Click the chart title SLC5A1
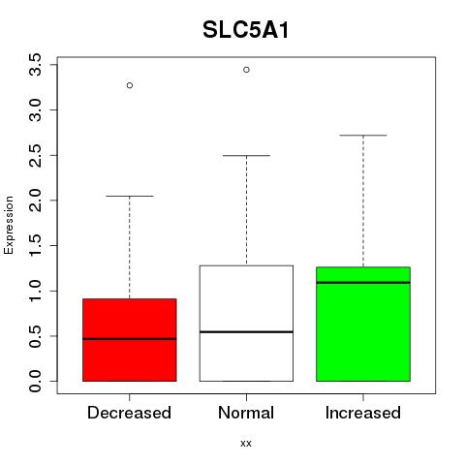tap(246, 30)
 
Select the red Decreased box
tap(130, 340)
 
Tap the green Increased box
tap(363, 324)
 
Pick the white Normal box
tap(246, 324)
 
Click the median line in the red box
tap(130, 339)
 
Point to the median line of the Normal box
tap(246, 332)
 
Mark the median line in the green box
tap(363, 283)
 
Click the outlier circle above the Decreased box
tap(130, 85)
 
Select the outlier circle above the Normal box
tap(246, 70)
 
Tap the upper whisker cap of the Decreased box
tap(130, 196)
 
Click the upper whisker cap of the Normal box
tap(246, 156)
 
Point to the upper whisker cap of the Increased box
tap(363, 136)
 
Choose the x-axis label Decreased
tap(129, 413)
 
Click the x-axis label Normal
tap(246, 413)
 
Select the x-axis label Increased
tap(363, 413)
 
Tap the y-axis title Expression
tap(9, 225)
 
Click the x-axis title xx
tap(246, 444)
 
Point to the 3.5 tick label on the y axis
tap(35, 65)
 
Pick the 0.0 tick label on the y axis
tap(35, 381)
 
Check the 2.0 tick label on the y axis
tap(35, 201)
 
